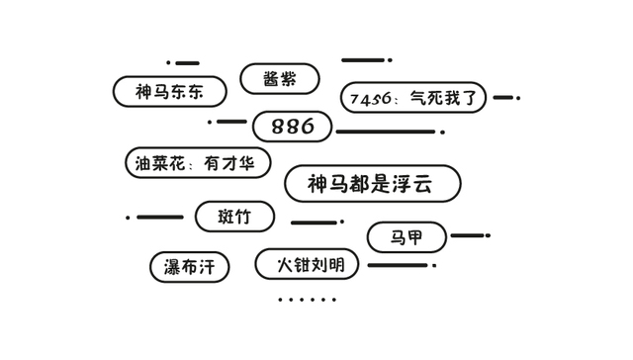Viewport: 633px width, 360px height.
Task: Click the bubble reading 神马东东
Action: tap(169, 92)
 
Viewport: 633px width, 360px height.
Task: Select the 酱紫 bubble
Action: tap(280, 79)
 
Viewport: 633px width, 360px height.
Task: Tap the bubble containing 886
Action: tap(292, 127)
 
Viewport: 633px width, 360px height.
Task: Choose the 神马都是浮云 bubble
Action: tap(372, 184)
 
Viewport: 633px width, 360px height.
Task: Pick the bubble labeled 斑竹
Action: tap(234, 217)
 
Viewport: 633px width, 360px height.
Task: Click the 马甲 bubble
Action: tap(407, 237)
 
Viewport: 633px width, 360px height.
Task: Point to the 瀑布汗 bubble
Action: tap(190, 266)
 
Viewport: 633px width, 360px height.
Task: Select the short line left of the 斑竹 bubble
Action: tap(159, 218)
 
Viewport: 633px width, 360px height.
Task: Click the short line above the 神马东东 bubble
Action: tap(187, 63)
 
